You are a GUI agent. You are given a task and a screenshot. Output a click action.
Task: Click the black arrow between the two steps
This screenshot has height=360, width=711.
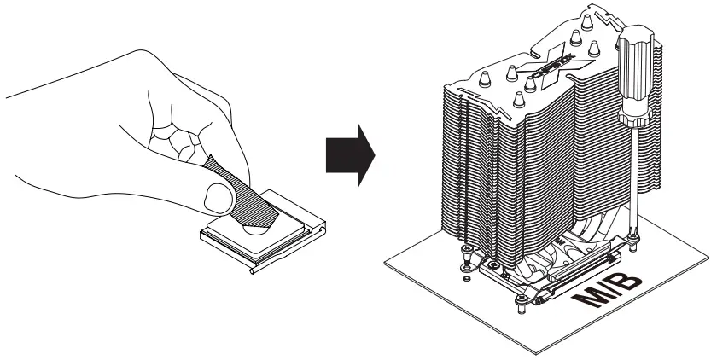tap(350, 155)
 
